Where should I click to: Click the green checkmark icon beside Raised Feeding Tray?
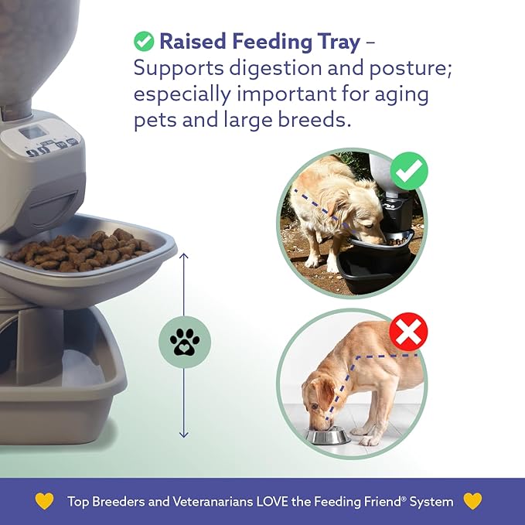point(144,40)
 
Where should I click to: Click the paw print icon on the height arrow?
point(184,342)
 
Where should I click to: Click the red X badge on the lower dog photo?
point(408,333)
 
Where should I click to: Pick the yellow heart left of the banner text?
point(45,501)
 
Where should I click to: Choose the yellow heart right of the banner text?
point(472,501)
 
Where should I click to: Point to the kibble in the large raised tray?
point(85,249)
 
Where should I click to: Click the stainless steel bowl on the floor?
point(327,435)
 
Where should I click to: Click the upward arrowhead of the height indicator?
point(184,254)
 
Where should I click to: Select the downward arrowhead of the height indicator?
point(184,435)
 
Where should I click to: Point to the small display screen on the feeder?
point(32,132)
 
